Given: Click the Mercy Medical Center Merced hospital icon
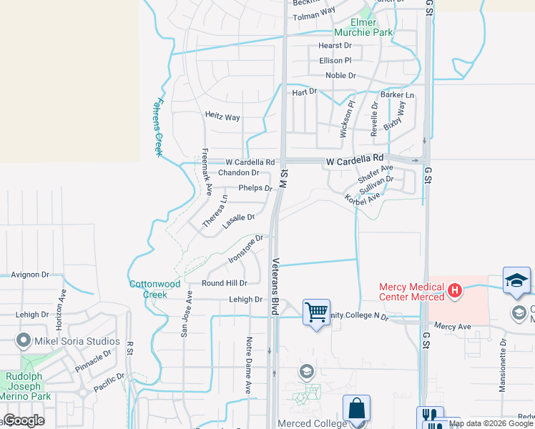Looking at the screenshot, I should [455, 292].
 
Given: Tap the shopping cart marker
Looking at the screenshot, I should [316, 312].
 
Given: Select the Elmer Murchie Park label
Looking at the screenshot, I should [363, 27].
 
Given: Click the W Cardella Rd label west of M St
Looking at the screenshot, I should [250, 163].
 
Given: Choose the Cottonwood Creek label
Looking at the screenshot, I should [148, 289].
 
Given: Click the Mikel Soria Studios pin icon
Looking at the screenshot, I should [24, 340].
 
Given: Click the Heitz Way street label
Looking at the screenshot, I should [222, 117].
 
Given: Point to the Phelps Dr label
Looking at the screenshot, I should [255, 189].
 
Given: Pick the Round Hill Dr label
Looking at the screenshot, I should [224, 283].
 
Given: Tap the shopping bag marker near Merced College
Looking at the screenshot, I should [356, 409].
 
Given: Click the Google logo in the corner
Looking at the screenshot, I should [24, 420].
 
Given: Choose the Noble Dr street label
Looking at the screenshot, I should [340, 76].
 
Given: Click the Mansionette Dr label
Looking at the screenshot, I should [504, 368].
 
